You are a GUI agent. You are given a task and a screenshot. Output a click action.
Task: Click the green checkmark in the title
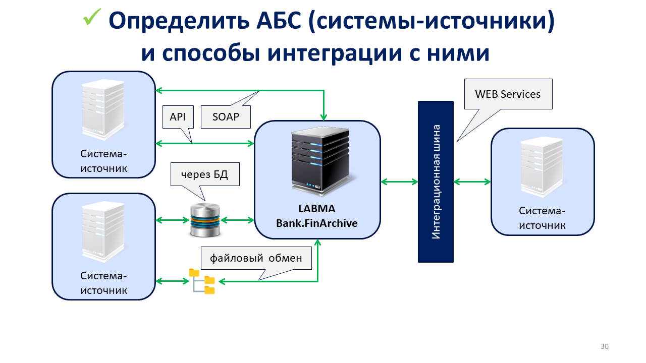point(93,18)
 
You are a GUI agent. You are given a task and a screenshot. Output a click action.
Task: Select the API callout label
point(178,117)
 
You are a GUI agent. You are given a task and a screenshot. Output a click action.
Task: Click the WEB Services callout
point(508,94)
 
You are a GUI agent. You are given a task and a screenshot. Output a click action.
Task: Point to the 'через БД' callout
point(204,175)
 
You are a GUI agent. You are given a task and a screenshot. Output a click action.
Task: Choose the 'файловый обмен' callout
point(256,259)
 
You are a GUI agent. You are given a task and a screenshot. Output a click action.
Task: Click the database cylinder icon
point(205,220)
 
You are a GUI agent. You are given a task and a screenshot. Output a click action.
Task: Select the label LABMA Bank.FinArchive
point(317,216)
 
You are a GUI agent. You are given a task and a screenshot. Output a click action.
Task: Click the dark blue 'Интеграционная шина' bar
point(436,181)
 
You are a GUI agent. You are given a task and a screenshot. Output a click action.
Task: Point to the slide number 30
point(604,346)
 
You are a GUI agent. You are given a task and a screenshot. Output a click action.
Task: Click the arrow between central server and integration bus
point(399,181)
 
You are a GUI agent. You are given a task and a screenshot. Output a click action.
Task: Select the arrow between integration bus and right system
point(472,181)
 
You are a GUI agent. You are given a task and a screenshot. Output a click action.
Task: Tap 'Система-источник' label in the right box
point(543,218)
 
